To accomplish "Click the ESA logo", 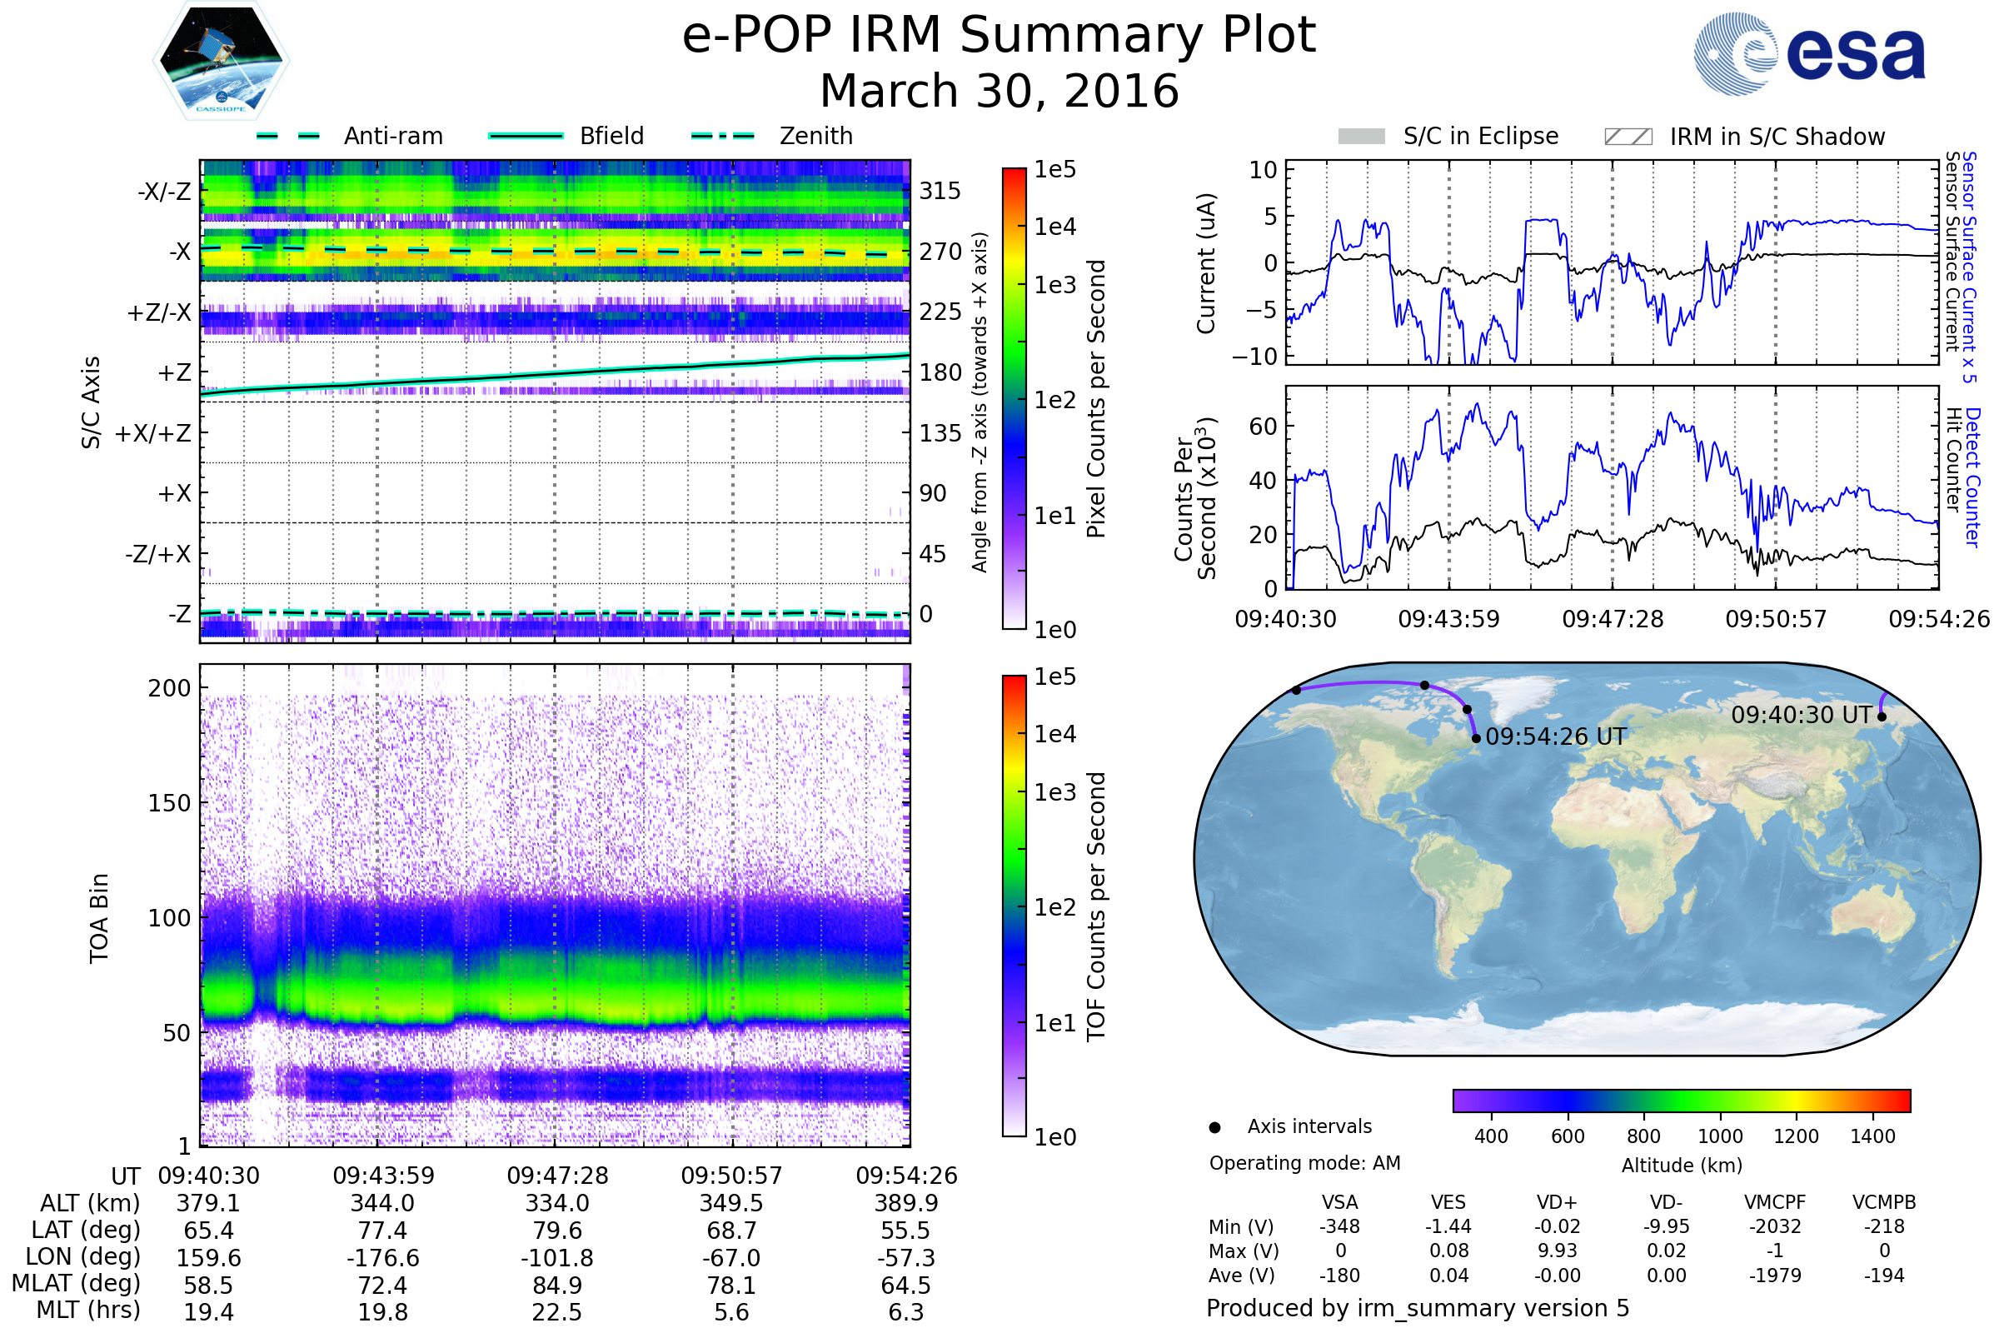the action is pyautogui.click(x=1809, y=52).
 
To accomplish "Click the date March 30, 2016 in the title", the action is pyautogui.click(x=999, y=91).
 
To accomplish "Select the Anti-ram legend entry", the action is pyautogui.click(x=349, y=136).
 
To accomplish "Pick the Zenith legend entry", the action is pyautogui.click(x=772, y=136).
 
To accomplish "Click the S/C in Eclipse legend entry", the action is pyautogui.click(x=1448, y=136).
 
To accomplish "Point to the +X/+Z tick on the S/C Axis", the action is pyautogui.click(x=153, y=433).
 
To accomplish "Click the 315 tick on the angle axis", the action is pyautogui.click(x=940, y=191).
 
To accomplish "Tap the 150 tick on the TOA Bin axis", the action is pyautogui.click(x=169, y=803).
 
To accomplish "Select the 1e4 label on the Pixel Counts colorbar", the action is pyautogui.click(x=1054, y=227).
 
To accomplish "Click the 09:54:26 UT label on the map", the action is pyautogui.click(x=1556, y=737).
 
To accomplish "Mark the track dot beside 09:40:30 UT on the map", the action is pyautogui.click(x=1882, y=716).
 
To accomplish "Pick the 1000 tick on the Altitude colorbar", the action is pyautogui.click(x=1720, y=1136).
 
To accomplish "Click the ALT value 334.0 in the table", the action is pyautogui.click(x=556, y=1204).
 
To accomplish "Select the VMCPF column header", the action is pyautogui.click(x=1775, y=1203).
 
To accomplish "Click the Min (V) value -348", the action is pyautogui.click(x=1339, y=1226).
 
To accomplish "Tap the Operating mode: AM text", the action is pyautogui.click(x=1304, y=1163).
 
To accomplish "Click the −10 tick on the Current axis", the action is pyautogui.click(x=1254, y=357).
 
